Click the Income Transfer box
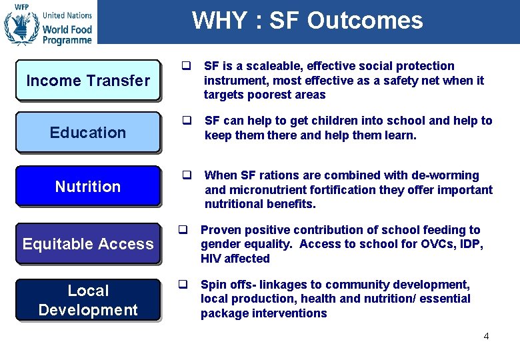click(87, 81)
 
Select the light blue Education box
click(87, 133)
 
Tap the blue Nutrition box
click(87, 187)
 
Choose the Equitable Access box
click(87, 244)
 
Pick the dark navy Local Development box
click(87, 300)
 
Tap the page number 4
click(486, 336)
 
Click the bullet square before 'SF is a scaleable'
click(187, 66)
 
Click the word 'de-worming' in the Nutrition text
click(447, 175)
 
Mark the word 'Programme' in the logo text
click(67, 41)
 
